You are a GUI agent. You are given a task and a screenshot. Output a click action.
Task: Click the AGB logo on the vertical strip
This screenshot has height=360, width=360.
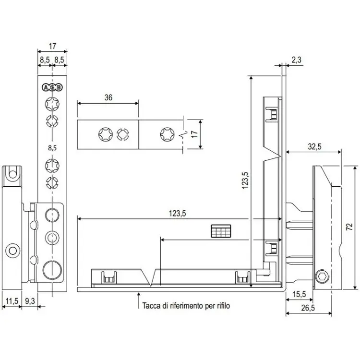point(52,87)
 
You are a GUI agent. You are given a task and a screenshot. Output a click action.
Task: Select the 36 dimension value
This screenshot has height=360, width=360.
point(108,97)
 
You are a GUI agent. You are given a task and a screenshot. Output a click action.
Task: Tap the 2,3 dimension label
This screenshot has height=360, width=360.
point(296,60)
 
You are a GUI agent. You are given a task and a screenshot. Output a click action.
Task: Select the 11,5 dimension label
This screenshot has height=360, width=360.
point(11,301)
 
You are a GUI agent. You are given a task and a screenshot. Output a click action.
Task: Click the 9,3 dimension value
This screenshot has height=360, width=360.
point(29,301)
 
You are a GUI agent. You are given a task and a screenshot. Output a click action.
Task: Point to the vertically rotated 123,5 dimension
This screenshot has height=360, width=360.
point(245,181)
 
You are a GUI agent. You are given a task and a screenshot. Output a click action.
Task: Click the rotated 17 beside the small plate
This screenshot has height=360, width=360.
point(194,134)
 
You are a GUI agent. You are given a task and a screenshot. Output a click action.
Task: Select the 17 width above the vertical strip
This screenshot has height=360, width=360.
point(52,47)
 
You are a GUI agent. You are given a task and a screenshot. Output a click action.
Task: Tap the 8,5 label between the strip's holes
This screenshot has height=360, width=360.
point(52,148)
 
